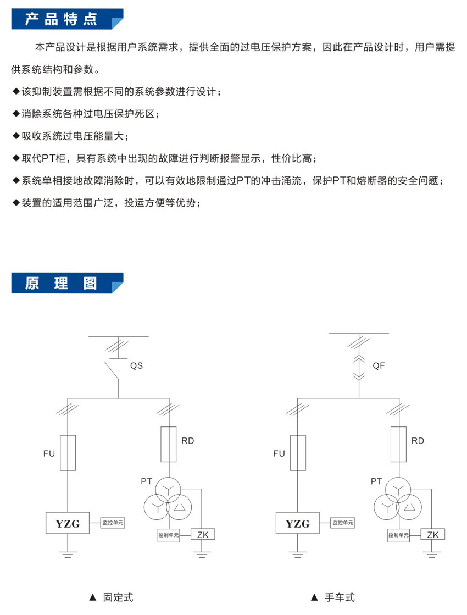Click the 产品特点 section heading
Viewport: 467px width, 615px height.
pyautogui.click(x=61, y=20)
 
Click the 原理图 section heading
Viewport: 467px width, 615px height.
pyautogui.click(x=61, y=283)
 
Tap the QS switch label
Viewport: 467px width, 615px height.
pyautogui.click(x=136, y=365)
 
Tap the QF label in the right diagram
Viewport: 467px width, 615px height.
pyautogui.click(x=379, y=365)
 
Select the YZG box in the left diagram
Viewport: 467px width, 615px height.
pyautogui.click(x=68, y=523)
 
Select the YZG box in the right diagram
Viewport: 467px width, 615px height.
pyautogui.click(x=298, y=523)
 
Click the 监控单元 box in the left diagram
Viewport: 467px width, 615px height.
pyautogui.click(x=113, y=523)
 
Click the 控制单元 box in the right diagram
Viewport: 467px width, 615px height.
pyautogui.click(x=399, y=534)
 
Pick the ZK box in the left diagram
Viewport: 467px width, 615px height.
pyautogui.click(x=203, y=534)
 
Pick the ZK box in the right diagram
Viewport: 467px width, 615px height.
pyautogui.click(x=432, y=534)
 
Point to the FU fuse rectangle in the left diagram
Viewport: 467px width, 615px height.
pyautogui.click(x=68, y=453)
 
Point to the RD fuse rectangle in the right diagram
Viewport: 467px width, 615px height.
pyautogui.click(x=398, y=444)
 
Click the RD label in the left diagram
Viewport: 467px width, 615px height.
pyautogui.click(x=187, y=441)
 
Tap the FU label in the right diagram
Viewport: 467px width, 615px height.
pyautogui.click(x=279, y=453)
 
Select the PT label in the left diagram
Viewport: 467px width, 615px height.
pyautogui.click(x=146, y=481)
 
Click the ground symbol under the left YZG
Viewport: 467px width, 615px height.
pyautogui.click(x=68, y=554)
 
